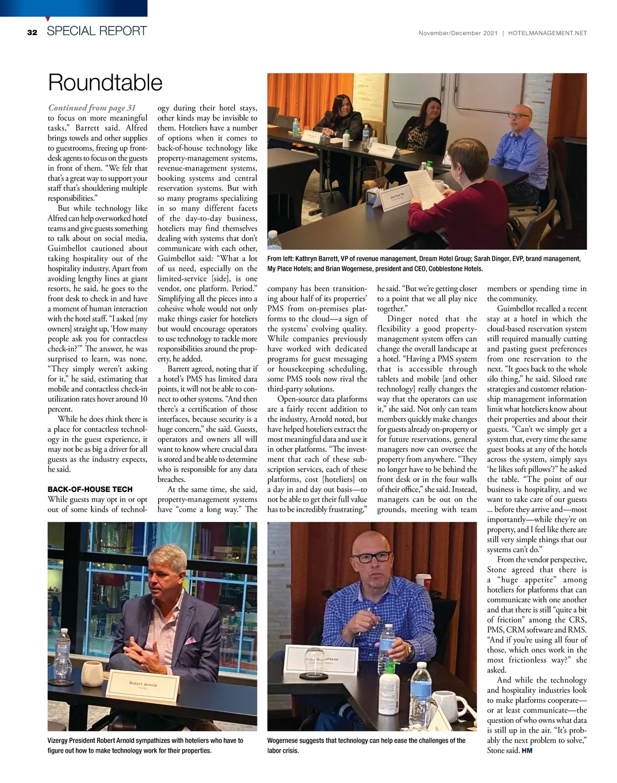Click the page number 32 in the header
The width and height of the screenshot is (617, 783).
(32, 32)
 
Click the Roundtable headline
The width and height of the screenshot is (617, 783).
(105, 82)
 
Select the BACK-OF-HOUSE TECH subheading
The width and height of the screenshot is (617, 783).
(90, 489)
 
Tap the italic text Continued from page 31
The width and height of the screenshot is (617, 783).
(92, 108)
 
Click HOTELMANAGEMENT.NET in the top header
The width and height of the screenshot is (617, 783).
(547, 33)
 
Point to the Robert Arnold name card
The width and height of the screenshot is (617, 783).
(144, 687)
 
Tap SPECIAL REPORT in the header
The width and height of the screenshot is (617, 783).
(97, 31)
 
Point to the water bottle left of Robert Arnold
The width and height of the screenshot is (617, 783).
(62, 651)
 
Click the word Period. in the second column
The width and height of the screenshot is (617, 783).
(244, 289)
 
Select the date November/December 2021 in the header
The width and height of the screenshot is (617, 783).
(458, 33)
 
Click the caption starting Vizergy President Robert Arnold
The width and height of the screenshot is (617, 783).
(146, 745)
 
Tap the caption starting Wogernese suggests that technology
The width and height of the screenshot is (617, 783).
(366, 745)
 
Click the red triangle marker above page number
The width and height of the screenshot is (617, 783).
(47, 19)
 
